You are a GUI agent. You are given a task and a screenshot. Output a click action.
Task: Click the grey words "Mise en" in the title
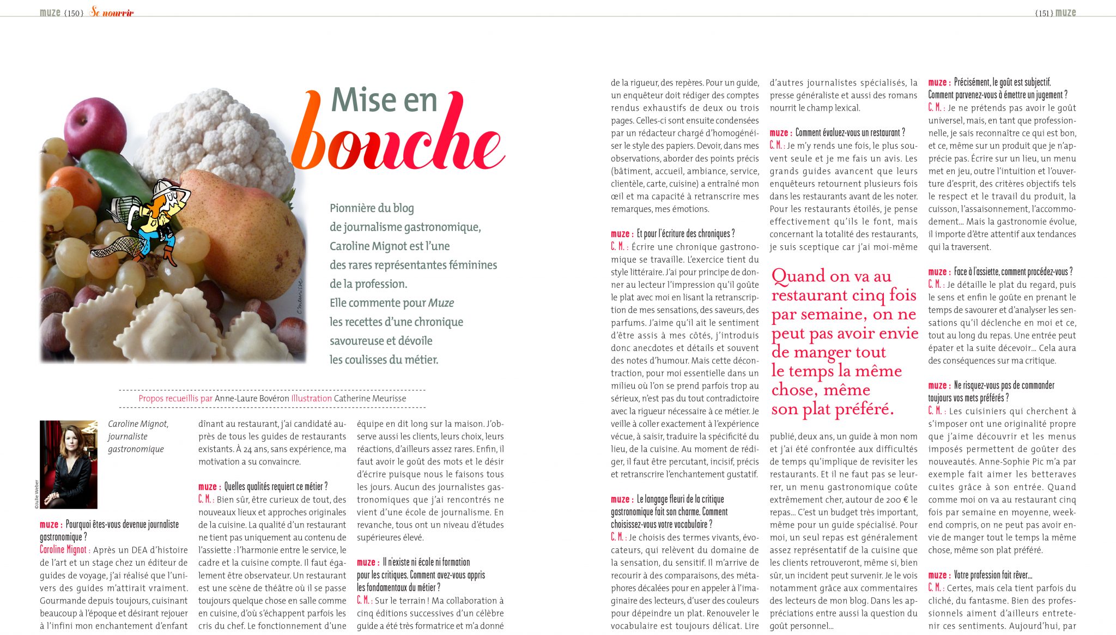(x=384, y=100)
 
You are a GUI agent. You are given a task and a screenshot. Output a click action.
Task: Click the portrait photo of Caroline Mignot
(x=69, y=464)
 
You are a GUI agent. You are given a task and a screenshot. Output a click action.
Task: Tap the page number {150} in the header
(x=74, y=13)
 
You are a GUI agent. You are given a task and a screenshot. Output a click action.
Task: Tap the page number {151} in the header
(x=1043, y=13)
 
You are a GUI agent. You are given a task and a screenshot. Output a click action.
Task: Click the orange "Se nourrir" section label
(x=112, y=12)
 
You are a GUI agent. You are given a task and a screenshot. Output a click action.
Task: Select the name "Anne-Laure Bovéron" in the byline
(x=252, y=398)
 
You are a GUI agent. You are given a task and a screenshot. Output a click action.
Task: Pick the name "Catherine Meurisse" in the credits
(x=370, y=398)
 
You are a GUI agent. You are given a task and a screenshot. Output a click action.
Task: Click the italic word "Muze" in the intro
(x=441, y=303)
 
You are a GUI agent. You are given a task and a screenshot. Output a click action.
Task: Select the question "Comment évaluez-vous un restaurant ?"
(x=850, y=132)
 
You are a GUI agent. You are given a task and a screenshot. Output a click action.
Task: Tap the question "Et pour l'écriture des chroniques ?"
(x=686, y=234)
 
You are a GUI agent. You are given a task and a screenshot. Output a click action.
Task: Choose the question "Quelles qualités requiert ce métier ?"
(x=276, y=487)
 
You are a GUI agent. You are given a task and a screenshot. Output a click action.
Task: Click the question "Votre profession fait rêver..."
(x=993, y=575)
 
